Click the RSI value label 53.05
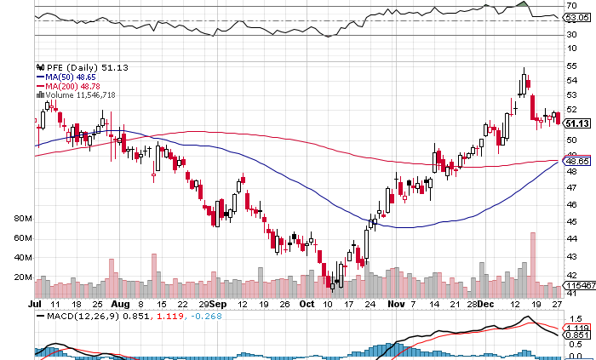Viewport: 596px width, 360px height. pos(577,16)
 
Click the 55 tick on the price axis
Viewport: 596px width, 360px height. pos(572,65)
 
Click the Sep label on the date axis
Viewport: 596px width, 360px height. pos(217,303)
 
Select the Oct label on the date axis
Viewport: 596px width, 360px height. pos(305,303)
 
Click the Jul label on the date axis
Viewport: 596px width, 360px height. pos(35,303)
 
